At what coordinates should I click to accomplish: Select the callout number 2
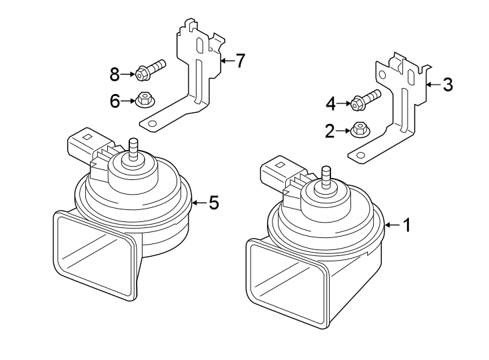point(329,131)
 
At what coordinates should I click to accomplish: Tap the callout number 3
point(448,85)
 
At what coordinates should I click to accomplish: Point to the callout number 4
point(330,103)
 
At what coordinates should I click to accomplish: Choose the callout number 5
point(213,203)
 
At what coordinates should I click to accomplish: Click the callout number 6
point(115,101)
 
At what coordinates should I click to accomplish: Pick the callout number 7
point(240,61)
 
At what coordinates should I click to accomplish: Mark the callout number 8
point(115,72)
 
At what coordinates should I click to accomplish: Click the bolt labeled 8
point(151,69)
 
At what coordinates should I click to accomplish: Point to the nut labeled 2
point(359,128)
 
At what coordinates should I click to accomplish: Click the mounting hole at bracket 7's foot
point(152,123)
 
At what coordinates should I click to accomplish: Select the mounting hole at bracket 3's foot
point(361,155)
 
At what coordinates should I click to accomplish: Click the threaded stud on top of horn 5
point(132,147)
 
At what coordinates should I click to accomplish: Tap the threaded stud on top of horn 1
point(326,175)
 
